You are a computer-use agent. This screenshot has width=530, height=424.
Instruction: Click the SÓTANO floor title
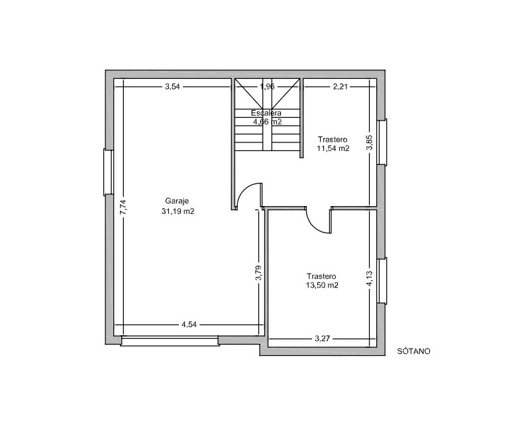click(x=413, y=351)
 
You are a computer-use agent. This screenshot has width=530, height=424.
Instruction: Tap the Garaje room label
click(x=177, y=201)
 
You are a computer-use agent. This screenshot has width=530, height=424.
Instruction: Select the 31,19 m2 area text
click(x=178, y=211)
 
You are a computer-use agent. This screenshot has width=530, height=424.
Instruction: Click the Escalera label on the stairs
click(x=266, y=113)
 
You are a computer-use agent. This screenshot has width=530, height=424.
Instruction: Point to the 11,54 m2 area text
click(x=333, y=148)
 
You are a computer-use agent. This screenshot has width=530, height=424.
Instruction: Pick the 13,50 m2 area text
click(x=322, y=285)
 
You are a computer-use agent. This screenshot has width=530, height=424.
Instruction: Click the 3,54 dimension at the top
click(x=172, y=87)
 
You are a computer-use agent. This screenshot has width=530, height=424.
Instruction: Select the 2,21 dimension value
click(x=340, y=87)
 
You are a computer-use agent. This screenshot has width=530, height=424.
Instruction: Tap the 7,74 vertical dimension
click(x=123, y=207)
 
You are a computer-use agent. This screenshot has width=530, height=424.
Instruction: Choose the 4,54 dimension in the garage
click(x=189, y=325)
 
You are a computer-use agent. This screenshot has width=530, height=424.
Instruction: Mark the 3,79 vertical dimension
click(x=258, y=273)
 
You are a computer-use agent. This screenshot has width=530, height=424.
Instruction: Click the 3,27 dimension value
click(x=322, y=339)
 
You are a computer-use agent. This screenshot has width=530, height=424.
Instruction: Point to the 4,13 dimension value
click(x=370, y=279)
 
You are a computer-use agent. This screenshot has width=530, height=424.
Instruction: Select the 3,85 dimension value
click(x=370, y=142)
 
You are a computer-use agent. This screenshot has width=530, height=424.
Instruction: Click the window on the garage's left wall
click(x=109, y=172)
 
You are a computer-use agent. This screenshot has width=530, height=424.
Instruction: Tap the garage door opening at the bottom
click(x=170, y=341)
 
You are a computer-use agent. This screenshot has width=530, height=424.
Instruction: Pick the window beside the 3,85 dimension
click(x=382, y=142)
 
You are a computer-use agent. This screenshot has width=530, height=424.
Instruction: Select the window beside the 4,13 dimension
click(x=382, y=281)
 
